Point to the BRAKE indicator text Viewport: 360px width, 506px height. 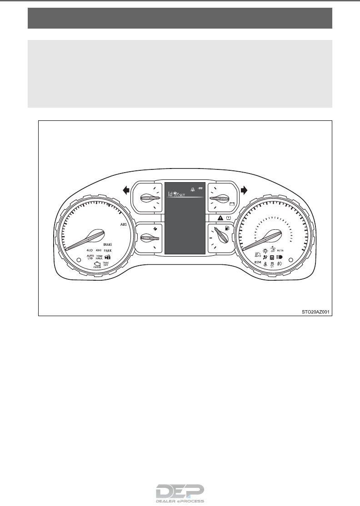[108, 244]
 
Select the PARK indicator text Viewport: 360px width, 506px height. [108, 250]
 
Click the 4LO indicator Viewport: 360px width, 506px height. [90, 250]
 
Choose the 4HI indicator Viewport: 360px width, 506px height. [99, 250]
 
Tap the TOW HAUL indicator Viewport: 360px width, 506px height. [99, 258]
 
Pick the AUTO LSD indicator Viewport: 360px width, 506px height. [90, 258]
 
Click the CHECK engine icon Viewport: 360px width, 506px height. [97, 265]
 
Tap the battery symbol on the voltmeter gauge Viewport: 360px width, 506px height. [232, 204]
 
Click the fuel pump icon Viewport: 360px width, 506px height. [226, 228]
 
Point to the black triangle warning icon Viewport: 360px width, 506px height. [220, 218]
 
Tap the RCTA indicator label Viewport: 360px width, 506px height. [280, 250]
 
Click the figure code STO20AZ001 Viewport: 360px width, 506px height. [315, 312]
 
